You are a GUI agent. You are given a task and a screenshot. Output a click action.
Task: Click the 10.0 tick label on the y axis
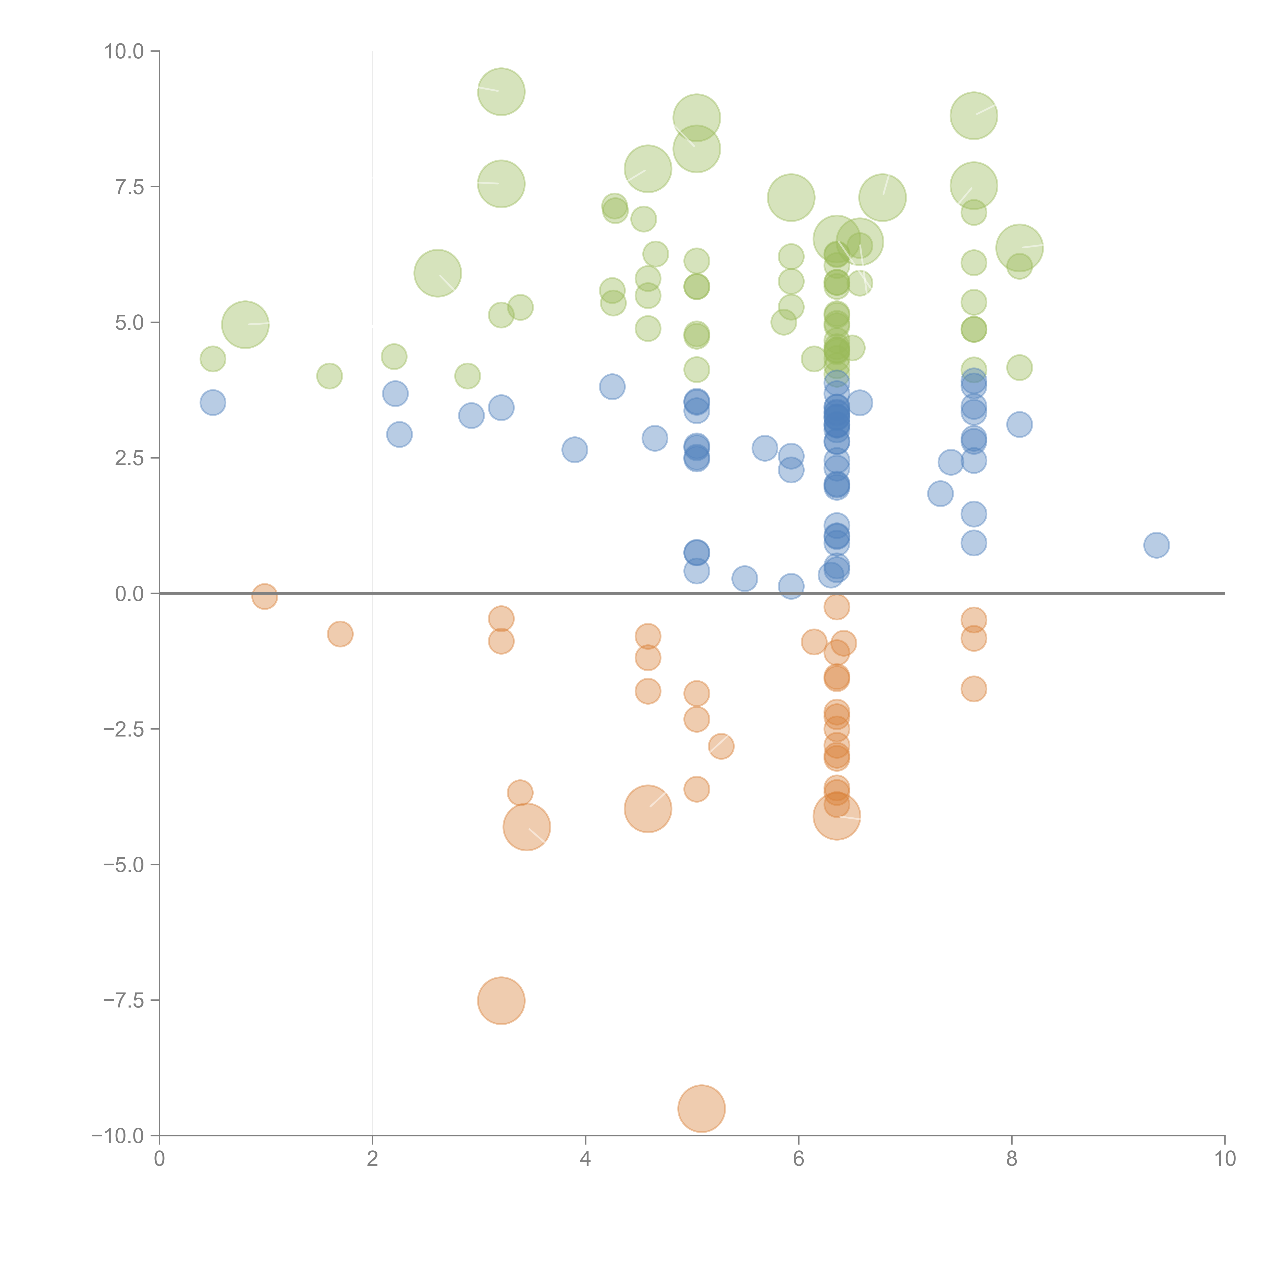(x=124, y=52)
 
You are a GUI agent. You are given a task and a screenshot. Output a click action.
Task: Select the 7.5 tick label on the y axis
(x=129, y=187)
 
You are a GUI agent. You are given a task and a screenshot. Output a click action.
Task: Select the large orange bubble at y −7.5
(x=501, y=1001)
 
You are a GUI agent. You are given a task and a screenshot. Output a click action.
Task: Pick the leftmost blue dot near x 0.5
(x=213, y=402)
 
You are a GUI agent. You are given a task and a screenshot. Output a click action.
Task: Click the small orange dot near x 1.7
(x=340, y=634)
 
